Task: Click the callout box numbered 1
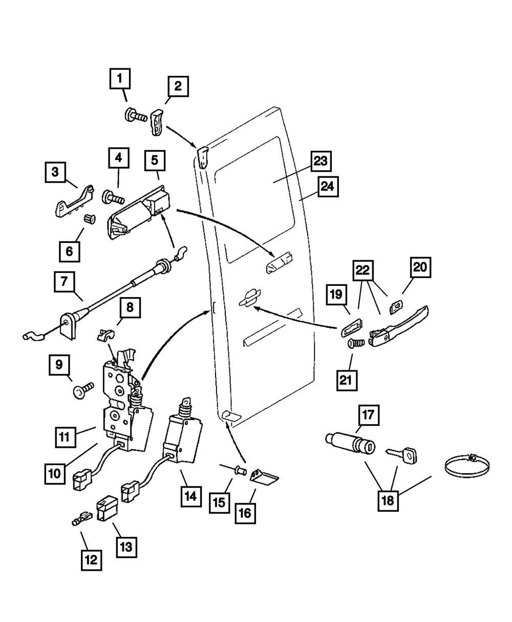point(120,79)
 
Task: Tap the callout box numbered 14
point(190,496)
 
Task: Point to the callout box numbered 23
point(321,162)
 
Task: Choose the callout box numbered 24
point(328,186)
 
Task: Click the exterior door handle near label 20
point(399,326)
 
